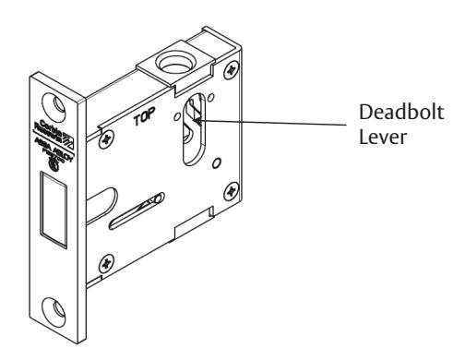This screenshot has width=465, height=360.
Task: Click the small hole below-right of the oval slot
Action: coord(215,162)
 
